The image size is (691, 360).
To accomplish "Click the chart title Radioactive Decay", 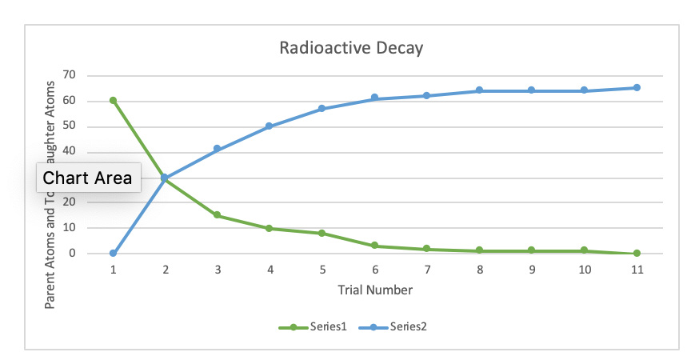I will tap(350, 48).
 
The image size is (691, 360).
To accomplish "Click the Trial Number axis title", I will tap(375, 290).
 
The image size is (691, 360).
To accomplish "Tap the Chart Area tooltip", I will tap(88, 178).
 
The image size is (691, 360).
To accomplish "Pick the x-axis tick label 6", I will tap(375, 270).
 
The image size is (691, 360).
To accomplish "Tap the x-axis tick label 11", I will tap(637, 270).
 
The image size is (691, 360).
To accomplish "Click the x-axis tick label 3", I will tap(218, 270).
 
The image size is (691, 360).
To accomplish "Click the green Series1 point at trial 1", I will tap(113, 101).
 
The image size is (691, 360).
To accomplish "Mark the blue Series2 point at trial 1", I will tap(113, 254).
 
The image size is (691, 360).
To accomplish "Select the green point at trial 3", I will tap(218, 215).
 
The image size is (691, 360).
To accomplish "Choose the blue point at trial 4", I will tap(270, 126).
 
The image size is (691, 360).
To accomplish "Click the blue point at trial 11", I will tap(637, 88).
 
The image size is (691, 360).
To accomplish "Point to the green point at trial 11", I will tap(637, 254).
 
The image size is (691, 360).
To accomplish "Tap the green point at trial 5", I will tap(322, 234).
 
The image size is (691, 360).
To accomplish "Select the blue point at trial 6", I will tap(375, 98).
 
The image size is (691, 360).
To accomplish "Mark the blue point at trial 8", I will tap(480, 90).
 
